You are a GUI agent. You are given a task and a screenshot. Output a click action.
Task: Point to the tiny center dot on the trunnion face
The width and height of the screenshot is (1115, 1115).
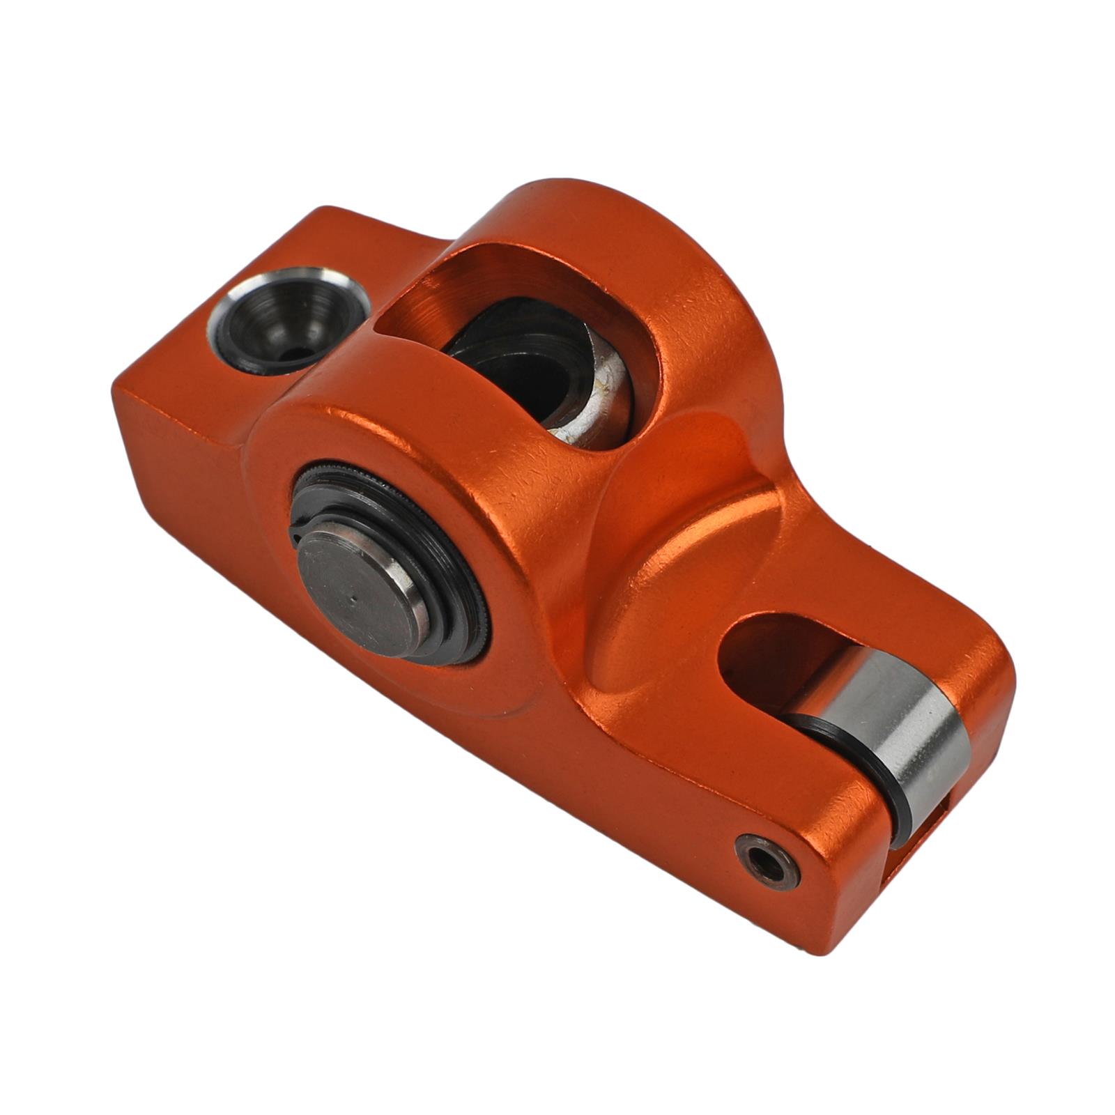(353, 598)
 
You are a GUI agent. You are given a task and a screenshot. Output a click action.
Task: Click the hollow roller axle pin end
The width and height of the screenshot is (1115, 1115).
(767, 863)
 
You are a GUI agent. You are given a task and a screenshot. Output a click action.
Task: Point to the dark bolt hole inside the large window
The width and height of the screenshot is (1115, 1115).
(516, 369)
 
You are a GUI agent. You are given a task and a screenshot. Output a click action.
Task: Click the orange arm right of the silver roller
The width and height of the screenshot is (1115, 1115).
(990, 697)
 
